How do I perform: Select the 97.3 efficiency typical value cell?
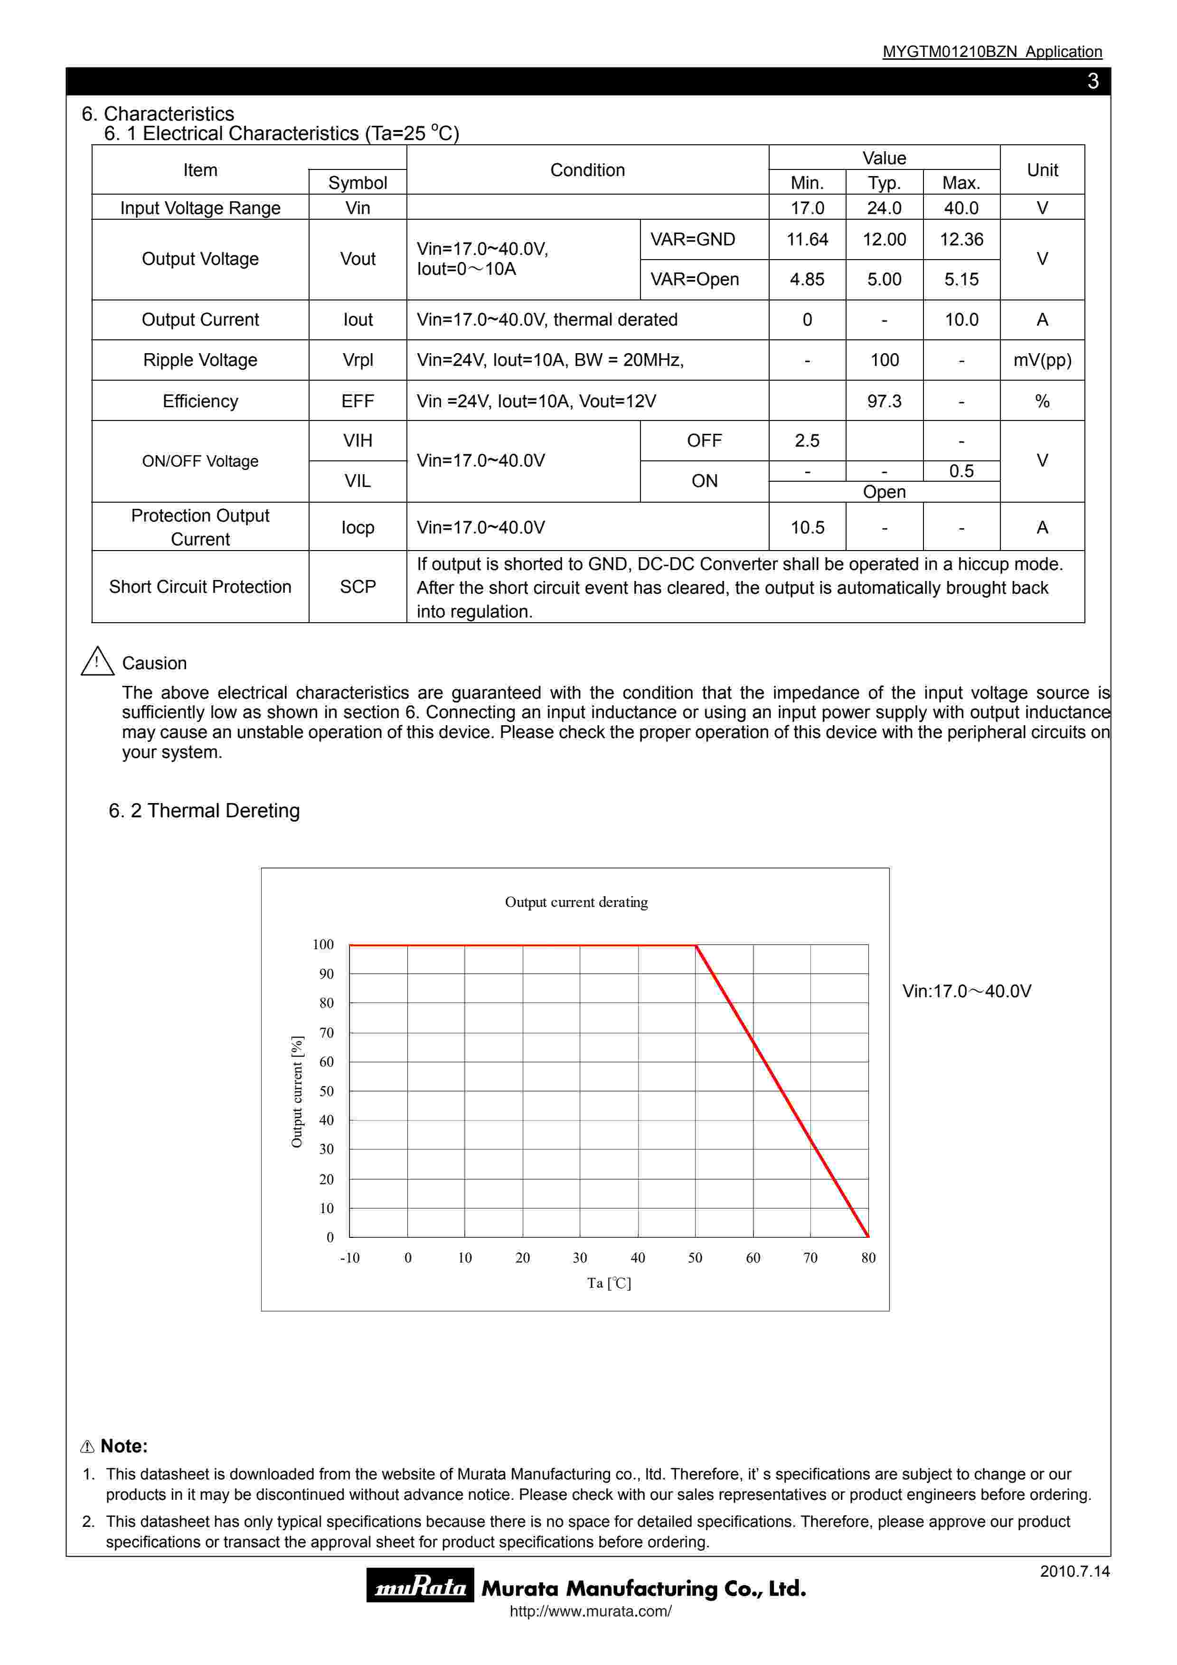[x=884, y=401]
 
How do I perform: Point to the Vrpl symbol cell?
[x=358, y=360]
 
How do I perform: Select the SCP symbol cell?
[x=358, y=587]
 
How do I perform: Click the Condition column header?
[x=587, y=170]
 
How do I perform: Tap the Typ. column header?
[x=884, y=183]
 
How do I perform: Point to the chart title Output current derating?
[x=576, y=902]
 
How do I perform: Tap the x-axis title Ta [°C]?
[x=609, y=1283]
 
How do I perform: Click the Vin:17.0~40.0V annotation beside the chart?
[x=966, y=992]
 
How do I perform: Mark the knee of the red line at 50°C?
[x=696, y=945]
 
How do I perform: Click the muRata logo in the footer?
[x=420, y=1588]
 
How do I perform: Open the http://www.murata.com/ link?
[x=590, y=1611]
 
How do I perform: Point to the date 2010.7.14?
[x=1074, y=1571]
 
